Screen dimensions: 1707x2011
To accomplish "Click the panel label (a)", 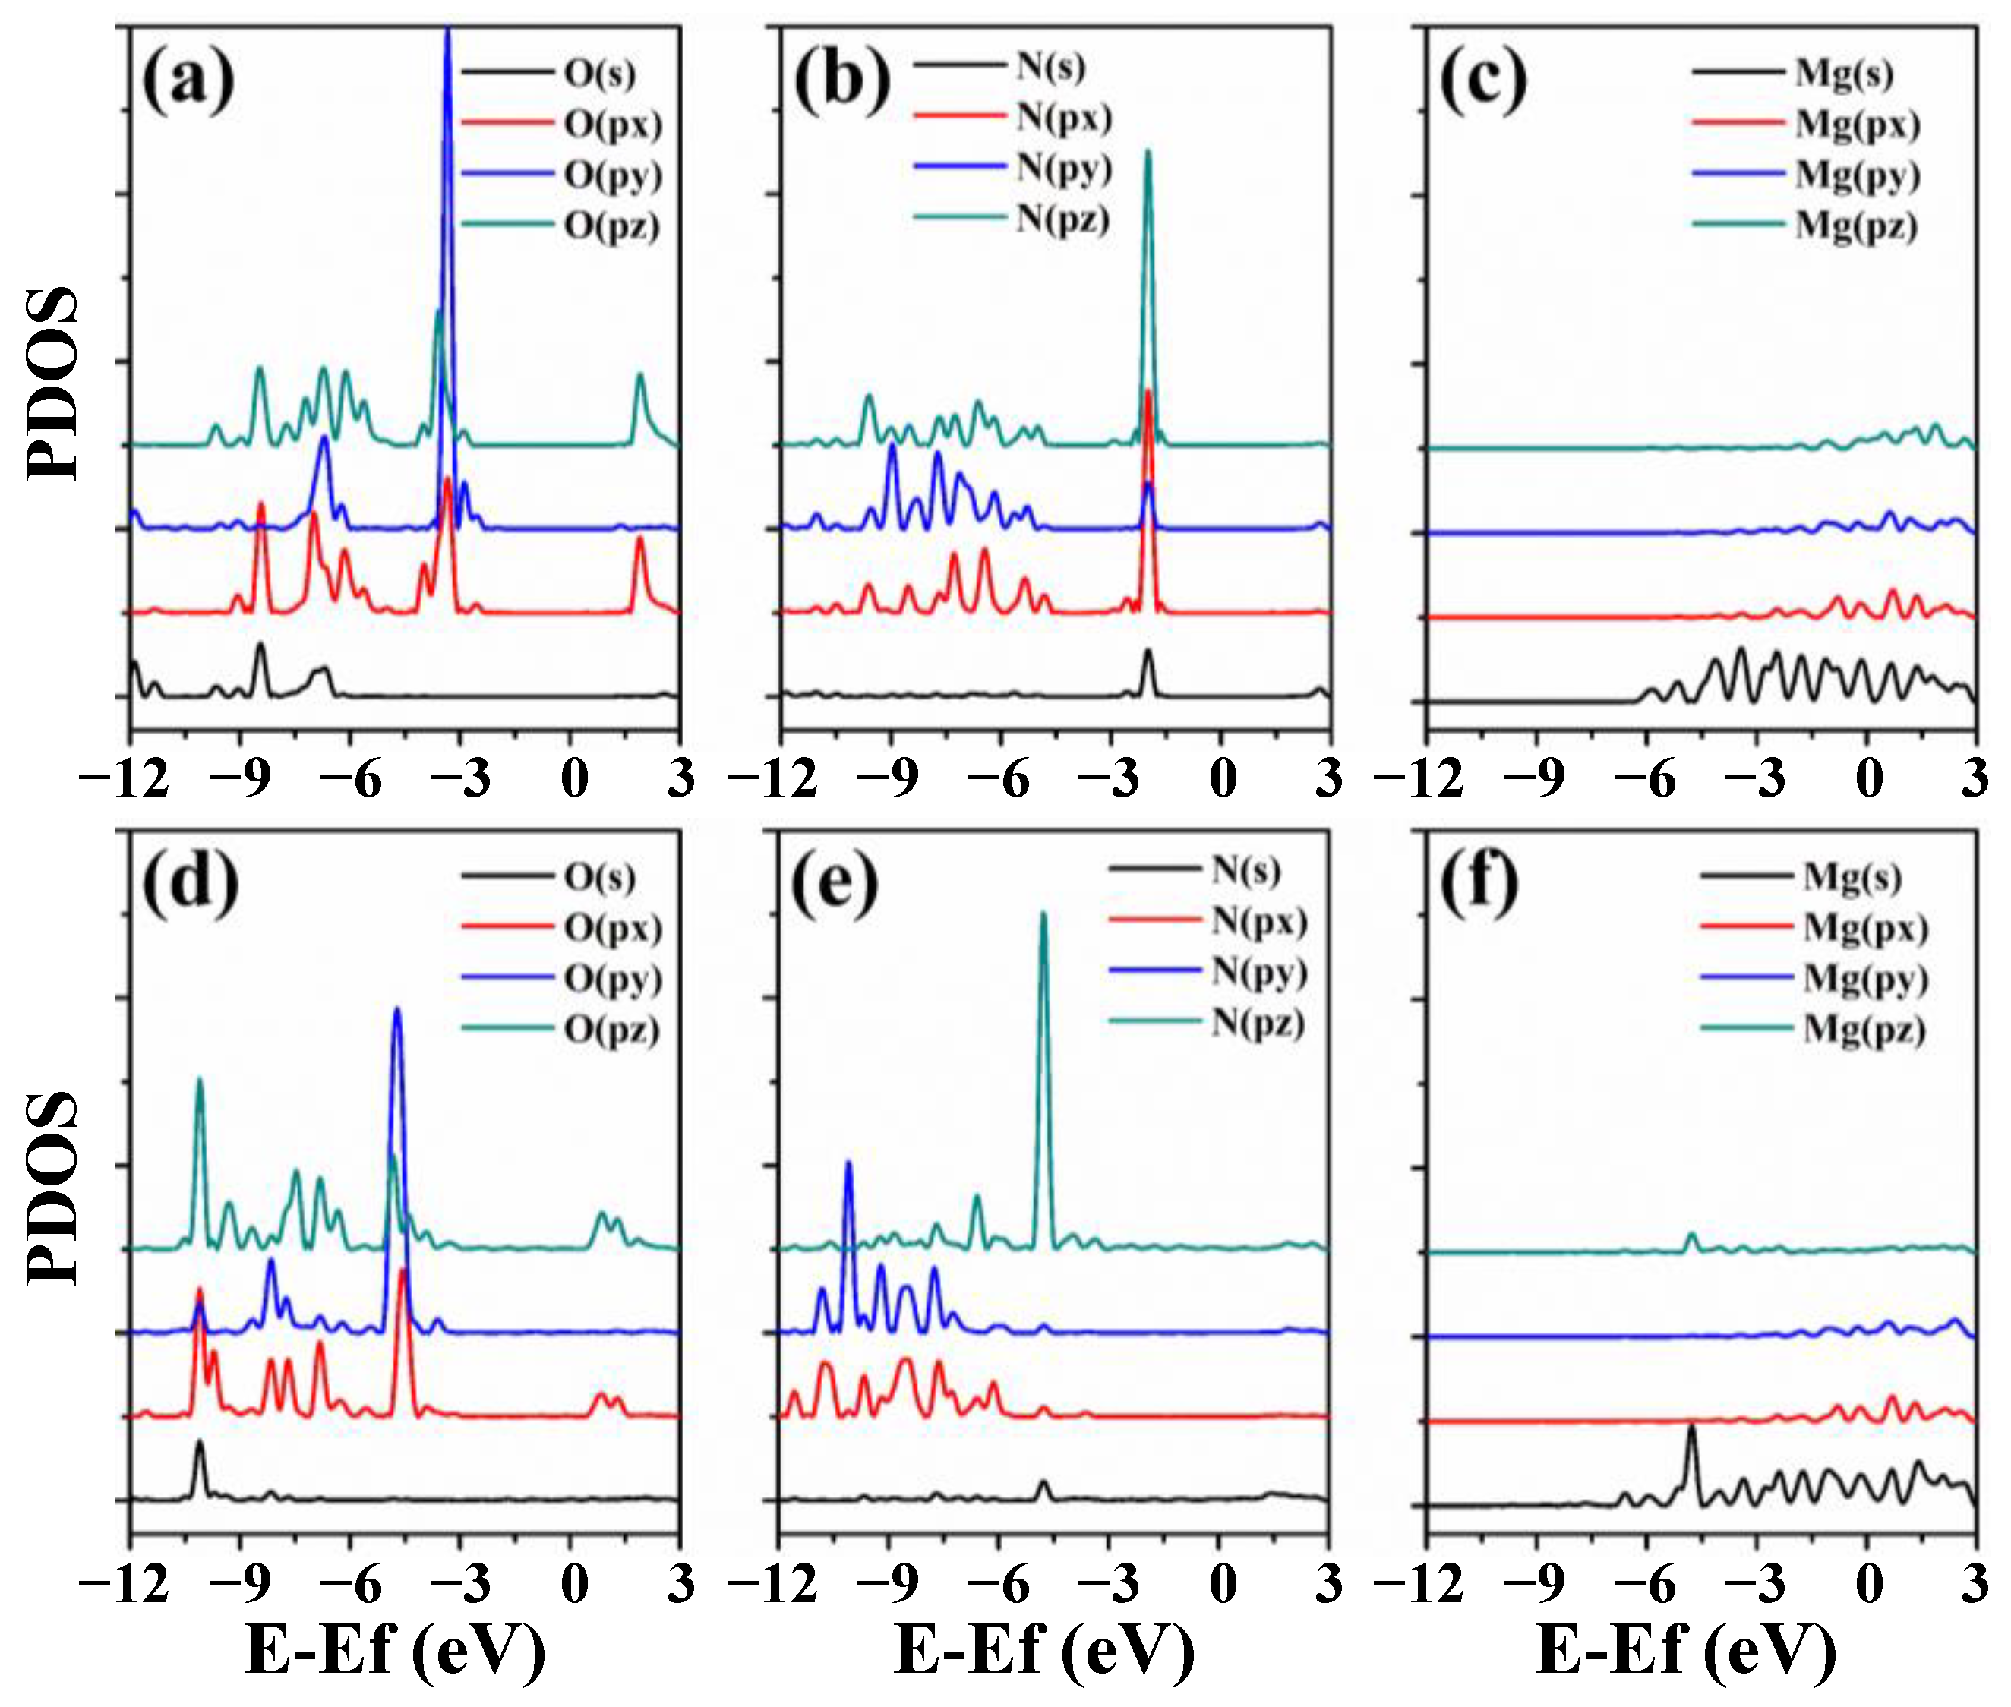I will [x=188, y=80].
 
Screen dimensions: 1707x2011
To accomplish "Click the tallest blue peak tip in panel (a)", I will [x=447, y=31].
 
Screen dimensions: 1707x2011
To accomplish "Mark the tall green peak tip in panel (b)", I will [x=1148, y=152].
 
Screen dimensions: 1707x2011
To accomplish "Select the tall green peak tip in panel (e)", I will [x=1043, y=913].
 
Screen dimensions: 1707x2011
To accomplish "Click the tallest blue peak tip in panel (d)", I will [x=396, y=1010].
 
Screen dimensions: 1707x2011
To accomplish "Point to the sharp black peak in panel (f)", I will [x=1691, y=1426].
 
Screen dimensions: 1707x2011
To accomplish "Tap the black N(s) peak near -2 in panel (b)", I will [x=1148, y=652].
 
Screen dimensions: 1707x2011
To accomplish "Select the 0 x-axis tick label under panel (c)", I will [x=1869, y=778].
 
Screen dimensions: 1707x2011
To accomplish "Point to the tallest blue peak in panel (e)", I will [x=849, y=1163].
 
